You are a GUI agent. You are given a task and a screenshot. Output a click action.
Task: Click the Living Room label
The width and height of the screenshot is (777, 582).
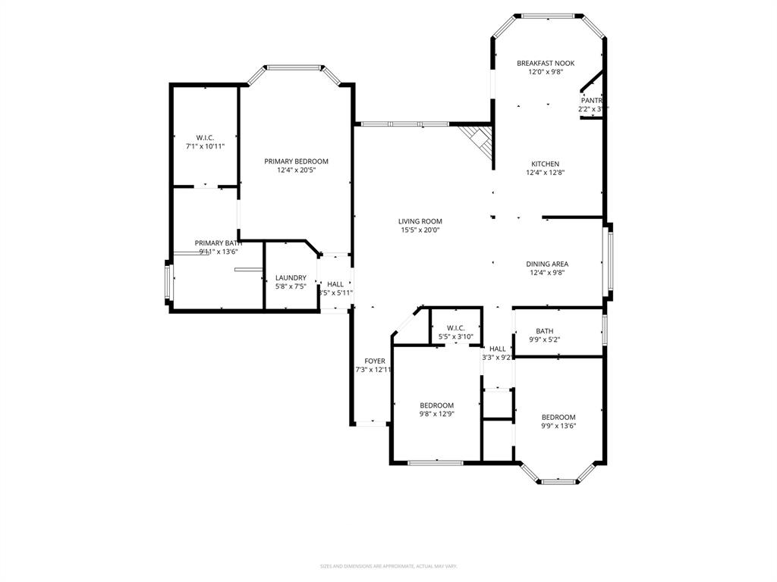click(420, 221)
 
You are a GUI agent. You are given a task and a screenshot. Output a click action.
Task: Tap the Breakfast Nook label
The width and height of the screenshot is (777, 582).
click(546, 63)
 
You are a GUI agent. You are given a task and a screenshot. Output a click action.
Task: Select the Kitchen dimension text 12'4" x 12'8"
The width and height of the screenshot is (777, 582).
click(545, 173)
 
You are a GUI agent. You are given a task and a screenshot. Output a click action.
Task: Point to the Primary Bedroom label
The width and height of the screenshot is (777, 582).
click(296, 161)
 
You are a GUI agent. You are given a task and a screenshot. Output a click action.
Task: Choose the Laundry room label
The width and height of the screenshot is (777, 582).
click(291, 278)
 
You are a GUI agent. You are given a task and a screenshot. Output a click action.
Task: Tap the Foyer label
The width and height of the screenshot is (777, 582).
click(374, 361)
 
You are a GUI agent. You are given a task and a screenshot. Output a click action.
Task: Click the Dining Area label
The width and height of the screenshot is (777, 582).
click(546, 264)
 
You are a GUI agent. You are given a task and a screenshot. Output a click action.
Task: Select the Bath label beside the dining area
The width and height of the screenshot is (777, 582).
click(544, 330)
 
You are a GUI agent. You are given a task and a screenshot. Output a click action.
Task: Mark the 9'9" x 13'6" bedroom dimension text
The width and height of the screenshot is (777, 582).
click(558, 426)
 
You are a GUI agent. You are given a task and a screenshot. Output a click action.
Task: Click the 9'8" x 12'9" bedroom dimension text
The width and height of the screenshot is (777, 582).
click(436, 414)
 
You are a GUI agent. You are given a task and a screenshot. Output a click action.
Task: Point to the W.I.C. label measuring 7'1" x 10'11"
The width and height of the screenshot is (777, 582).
click(205, 137)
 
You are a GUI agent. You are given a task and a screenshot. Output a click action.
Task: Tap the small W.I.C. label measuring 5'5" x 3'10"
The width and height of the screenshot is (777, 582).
click(455, 327)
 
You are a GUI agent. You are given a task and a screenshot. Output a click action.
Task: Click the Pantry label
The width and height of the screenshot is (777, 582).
click(592, 100)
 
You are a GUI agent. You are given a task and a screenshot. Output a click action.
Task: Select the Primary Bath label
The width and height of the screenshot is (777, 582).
click(219, 243)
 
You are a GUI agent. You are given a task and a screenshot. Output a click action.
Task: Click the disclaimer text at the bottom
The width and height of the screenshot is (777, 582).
click(388, 566)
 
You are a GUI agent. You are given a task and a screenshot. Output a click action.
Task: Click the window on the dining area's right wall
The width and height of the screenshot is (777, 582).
click(607, 261)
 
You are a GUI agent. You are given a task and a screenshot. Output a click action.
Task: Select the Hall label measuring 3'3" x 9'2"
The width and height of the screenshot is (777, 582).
click(497, 349)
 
